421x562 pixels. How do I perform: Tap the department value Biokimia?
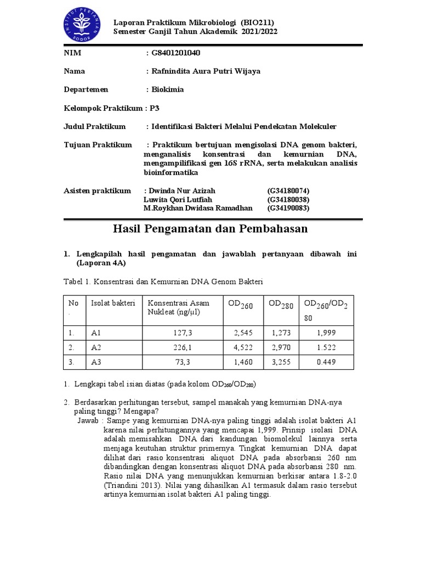(x=168, y=89)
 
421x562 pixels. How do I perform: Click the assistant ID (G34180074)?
(x=288, y=190)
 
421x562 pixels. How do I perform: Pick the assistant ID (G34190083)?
(x=288, y=208)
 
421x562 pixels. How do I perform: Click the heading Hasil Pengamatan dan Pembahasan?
(x=210, y=229)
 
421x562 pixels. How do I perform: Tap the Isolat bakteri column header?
(x=113, y=304)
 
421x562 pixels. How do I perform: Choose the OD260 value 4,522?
(x=243, y=347)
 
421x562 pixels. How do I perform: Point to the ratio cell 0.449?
(x=327, y=363)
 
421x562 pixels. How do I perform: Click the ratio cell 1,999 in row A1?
(x=327, y=333)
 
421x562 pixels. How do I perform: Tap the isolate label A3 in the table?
(x=96, y=363)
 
